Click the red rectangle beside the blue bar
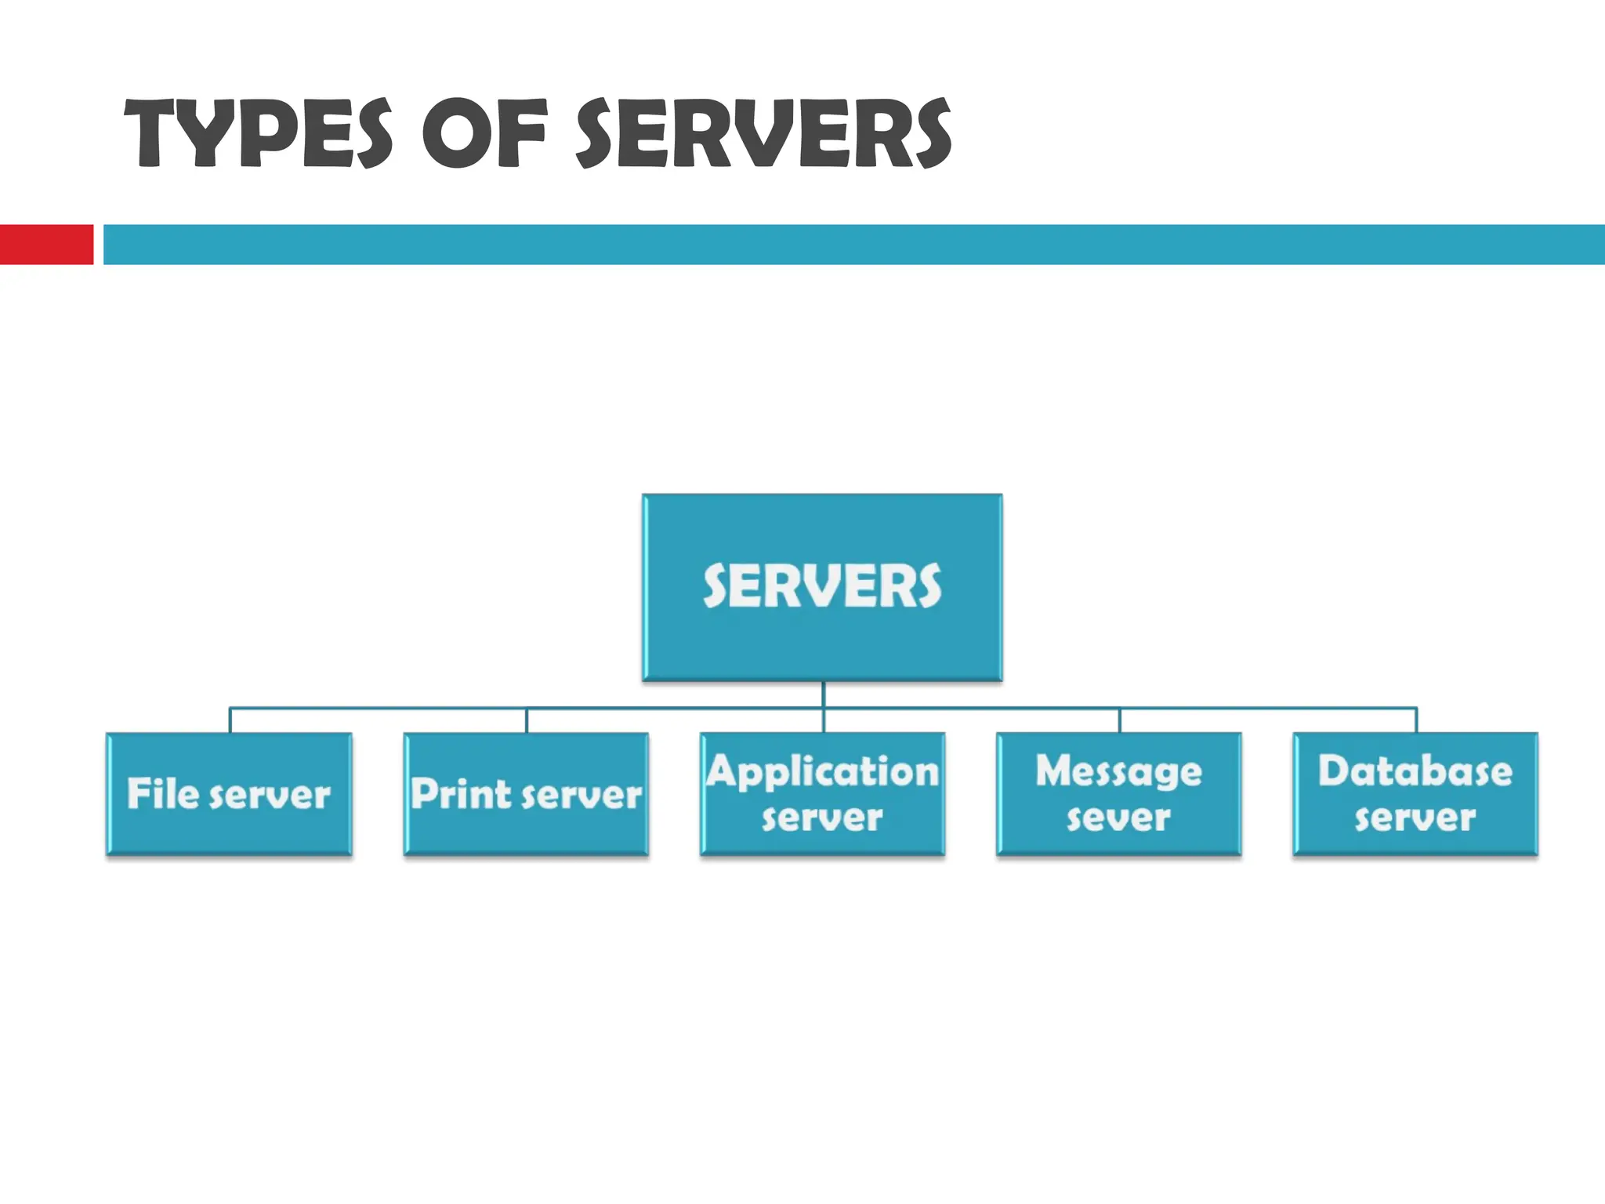click(x=46, y=245)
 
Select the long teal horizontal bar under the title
click(x=854, y=245)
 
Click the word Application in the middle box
click(x=822, y=772)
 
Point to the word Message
click(x=1119, y=772)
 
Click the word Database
click(x=1415, y=772)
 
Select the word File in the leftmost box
click(x=163, y=794)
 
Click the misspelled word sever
click(x=1118, y=818)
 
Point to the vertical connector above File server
click(x=230, y=720)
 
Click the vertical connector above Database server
click(x=1416, y=720)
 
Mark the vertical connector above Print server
click(x=527, y=720)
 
